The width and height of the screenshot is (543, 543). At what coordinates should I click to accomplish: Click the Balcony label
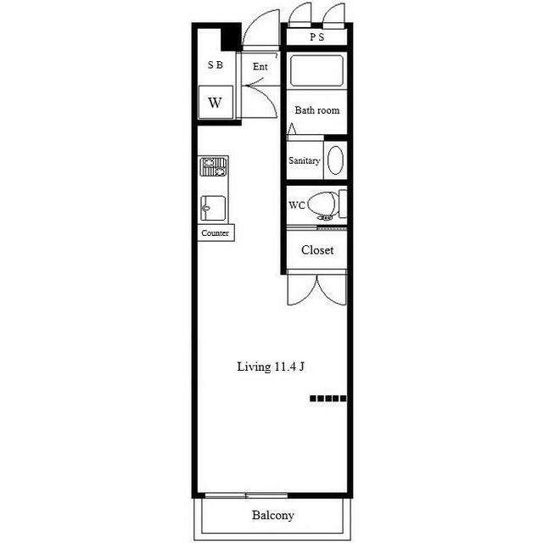coord(273,515)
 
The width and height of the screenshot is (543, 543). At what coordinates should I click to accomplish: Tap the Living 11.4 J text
coord(271,367)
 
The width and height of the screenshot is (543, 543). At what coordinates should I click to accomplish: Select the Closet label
coord(317,250)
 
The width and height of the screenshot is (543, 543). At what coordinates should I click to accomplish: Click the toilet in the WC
coord(327,205)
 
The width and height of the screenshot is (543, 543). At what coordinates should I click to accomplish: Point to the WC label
coord(297,205)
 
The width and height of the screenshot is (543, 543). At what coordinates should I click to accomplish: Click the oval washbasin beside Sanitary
coord(335,160)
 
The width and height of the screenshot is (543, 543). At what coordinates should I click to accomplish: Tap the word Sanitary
coord(304,160)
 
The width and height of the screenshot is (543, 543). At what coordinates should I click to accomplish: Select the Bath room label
coord(316,110)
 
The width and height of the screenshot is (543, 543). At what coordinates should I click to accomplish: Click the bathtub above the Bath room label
coord(316,70)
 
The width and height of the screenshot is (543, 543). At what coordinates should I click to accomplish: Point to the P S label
coord(316,36)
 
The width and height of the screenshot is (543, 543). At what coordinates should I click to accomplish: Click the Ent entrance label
coord(260,66)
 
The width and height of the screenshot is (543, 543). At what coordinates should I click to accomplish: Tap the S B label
coord(215,64)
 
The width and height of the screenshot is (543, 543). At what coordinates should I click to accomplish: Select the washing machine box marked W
coord(216,103)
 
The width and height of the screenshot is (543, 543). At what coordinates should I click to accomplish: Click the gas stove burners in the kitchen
coord(213,167)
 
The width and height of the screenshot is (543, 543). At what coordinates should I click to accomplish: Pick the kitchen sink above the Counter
coord(213,209)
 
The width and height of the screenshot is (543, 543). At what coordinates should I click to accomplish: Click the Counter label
coord(215,233)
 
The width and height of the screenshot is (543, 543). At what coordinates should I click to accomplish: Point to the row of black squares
coord(327,399)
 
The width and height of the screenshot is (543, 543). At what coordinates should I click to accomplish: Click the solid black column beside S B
coord(231,36)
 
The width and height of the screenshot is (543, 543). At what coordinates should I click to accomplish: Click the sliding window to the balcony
coord(246,495)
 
